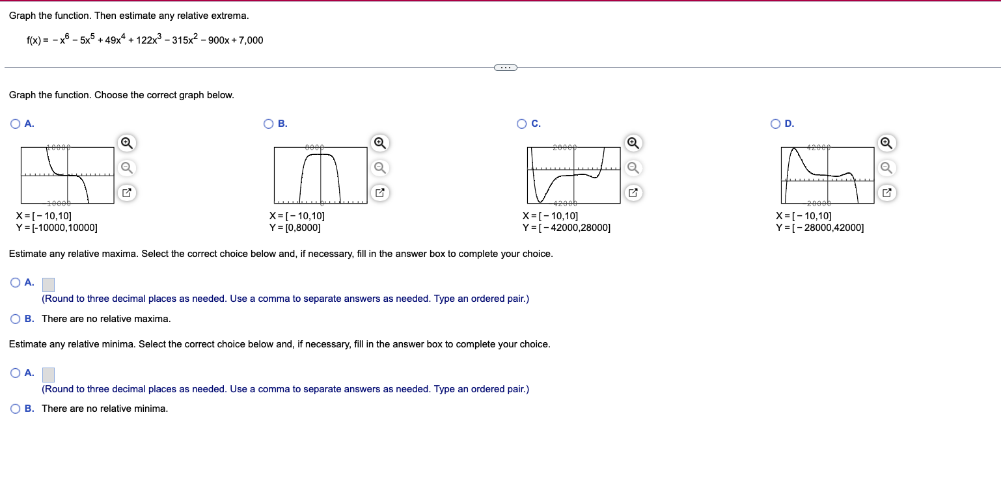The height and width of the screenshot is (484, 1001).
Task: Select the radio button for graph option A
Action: click(16, 124)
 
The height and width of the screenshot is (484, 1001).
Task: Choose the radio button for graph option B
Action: click(269, 124)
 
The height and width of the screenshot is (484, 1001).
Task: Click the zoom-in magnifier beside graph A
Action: click(128, 142)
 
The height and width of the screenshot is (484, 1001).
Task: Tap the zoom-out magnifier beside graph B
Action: click(381, 168)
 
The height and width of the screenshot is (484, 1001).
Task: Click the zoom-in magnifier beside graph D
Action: click(885, 142)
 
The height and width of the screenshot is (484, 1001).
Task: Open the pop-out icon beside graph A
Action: click(128, 193)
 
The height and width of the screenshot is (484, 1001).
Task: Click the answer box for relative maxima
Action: click(48, 284)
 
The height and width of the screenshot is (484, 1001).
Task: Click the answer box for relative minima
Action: click(48, 375)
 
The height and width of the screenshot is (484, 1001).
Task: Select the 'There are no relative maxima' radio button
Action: click(16, 319)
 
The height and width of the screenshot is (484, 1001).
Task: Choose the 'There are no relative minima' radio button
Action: click(16, 409)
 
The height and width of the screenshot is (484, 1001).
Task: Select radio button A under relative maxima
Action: click(16, 282)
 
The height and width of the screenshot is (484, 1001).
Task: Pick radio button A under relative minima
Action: click(16, 373)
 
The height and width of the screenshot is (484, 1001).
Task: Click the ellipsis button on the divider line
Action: click(505, 67)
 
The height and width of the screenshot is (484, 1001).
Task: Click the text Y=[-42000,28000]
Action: click(566, 228)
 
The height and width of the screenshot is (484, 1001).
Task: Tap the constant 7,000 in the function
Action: click(251, 40)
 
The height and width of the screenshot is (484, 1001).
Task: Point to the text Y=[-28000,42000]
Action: click(819, 228)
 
